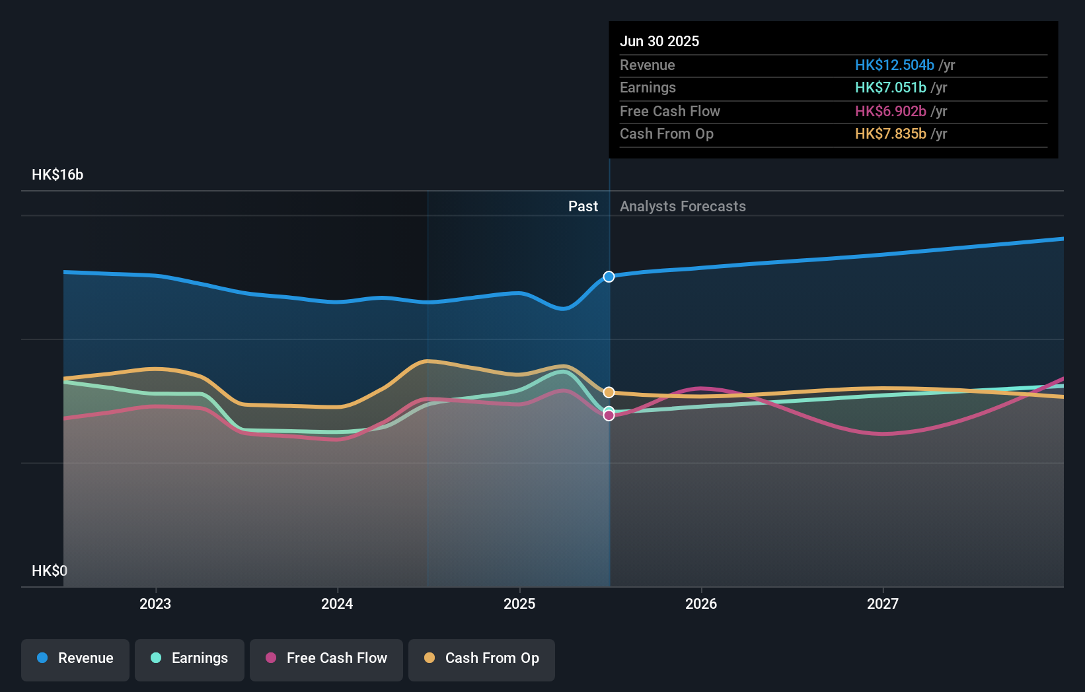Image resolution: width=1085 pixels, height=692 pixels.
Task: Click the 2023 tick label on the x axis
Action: click(x=155, y=604)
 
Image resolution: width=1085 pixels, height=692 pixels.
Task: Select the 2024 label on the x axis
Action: click(x=337, y=604)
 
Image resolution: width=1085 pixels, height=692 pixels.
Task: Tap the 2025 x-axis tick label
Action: click(x=519, y=604)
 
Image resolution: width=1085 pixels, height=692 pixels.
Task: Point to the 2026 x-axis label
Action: click(x=701, y=604)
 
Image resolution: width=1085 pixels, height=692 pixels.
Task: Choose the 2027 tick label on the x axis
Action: click(x=883, y=604)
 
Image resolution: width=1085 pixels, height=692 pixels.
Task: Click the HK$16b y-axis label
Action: click(x=57, y=175)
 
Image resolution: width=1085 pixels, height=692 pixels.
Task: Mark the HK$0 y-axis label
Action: click(x=50, y=571)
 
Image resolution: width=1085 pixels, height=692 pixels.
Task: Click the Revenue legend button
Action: click(x=75, y=658)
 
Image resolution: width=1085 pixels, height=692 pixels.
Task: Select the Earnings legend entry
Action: click(x=190, y=658)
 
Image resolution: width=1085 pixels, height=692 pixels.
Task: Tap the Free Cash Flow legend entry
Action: click(x=326, y=658)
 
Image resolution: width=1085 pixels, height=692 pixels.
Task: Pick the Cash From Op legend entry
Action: click(x=482, y=658)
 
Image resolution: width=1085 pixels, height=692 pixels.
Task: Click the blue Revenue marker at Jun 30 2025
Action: click(x=609, y=277)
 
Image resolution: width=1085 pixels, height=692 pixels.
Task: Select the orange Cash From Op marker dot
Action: click(x=609, y=392)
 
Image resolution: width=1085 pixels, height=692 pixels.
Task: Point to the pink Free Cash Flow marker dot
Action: click(x=609, y=415)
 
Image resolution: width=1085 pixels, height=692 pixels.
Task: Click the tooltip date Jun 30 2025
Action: click(x=659, y=41)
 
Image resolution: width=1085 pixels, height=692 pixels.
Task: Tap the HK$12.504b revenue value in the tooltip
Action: click(x=894, y=65)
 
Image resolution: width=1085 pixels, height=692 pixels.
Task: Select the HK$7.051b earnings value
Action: click(x=890, y=88)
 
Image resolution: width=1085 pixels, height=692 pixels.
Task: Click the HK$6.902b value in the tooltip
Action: click(x=890, y=111)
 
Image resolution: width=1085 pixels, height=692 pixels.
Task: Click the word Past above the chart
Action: click(x=583, y=206)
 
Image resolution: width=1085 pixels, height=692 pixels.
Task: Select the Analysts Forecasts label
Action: click(x=683, y=206)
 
